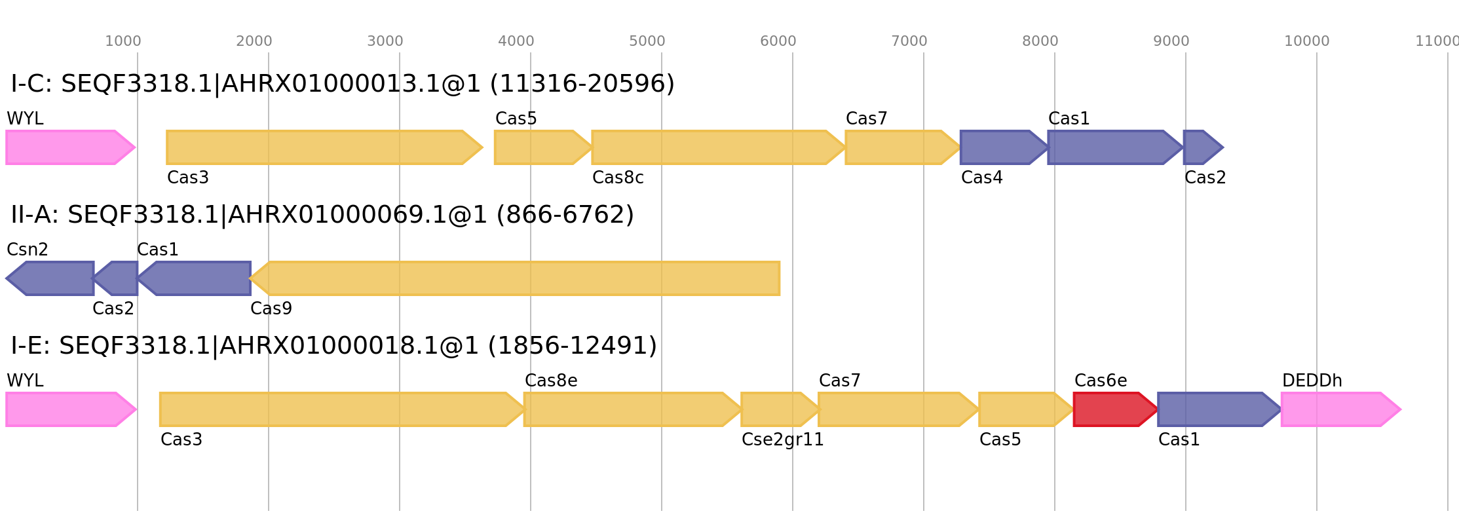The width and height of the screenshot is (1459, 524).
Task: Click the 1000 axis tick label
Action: [123, 41]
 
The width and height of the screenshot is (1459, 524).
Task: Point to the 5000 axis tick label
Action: [647, 41]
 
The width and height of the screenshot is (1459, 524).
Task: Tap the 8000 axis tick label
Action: [1040, 41]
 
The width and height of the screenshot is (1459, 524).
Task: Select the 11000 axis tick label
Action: [1437, 41]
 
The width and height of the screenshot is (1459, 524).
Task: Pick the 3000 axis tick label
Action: [385, 41]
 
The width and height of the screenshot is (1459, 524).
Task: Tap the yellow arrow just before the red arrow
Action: [1025, 409]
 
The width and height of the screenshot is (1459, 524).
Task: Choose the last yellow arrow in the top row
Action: [901, 147]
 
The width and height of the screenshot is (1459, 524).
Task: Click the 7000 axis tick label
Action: [909, 41]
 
